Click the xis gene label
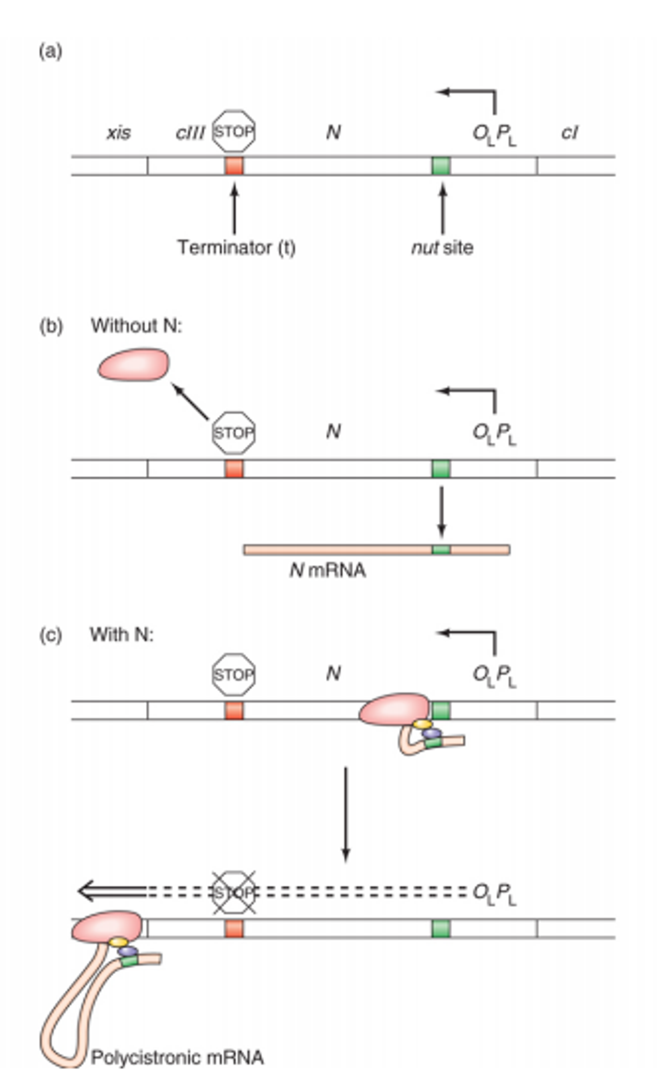point(119,133)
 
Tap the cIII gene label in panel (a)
point(190,133)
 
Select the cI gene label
point(569,133)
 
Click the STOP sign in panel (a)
point(234,131)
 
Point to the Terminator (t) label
point(236,247)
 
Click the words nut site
point(442,247)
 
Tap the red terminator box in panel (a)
point(234,166)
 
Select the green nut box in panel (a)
point(441,166)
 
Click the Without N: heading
point(136,325)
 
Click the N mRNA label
point(327,570)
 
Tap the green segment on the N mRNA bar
point(441,550)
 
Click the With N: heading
point(122,634)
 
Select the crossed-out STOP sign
point(234,893)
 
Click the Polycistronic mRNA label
point(177,1057)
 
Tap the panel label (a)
point(50,51)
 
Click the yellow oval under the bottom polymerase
point(118,942)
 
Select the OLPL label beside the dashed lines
point(494,894)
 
